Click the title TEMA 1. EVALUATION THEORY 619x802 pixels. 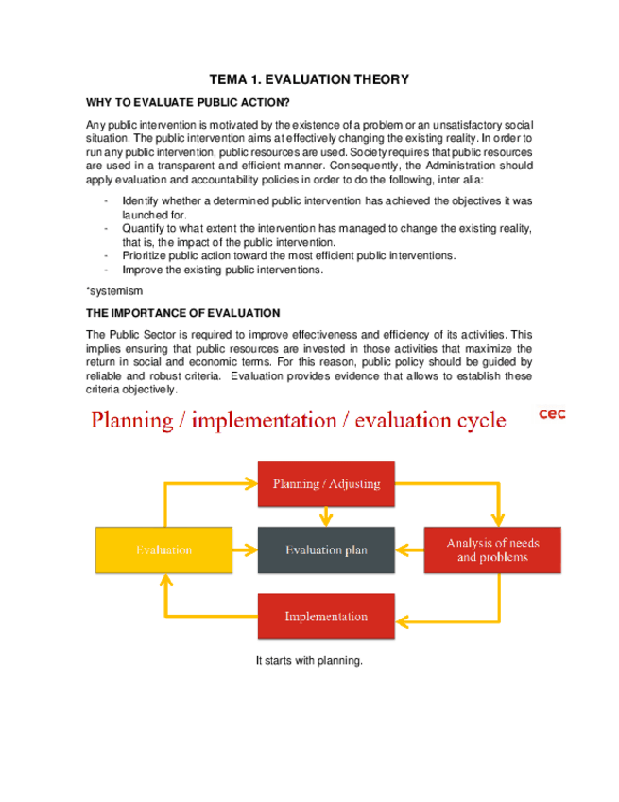point(308,80)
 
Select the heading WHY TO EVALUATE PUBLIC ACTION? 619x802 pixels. point(188,102)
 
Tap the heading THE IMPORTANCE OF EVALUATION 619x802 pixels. point(183,312)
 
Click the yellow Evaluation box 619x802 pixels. point(163,549)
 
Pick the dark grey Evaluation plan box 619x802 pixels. point(327,549)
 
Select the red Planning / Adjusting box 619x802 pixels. point(326,483)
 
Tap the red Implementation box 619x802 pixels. point(326,617)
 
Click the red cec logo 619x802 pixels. point(552,413)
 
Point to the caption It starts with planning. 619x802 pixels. point(309,661)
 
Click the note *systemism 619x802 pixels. point(114,291)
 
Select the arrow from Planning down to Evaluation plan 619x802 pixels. point(327,516)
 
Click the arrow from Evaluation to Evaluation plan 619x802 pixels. point(244,549)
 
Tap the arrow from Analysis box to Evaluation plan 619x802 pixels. point(408,549)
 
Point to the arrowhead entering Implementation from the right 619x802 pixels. point(403,620)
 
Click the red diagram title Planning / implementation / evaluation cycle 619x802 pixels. point(299,420)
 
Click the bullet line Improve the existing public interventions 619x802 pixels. point(222,270)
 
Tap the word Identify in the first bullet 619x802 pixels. point(140,200)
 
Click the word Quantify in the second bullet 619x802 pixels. point(142,228)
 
